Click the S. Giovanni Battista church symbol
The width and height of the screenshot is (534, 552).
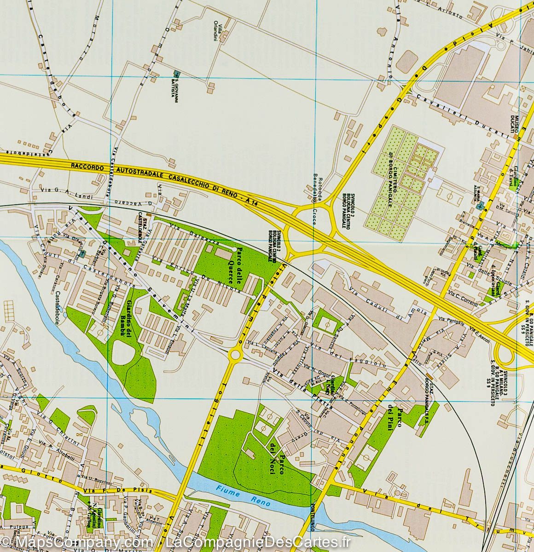pyautogui.click(x=177, y=74)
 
